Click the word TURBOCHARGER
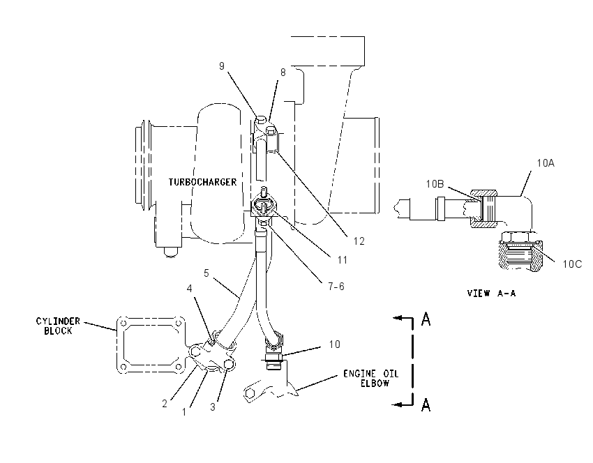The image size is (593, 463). tap(202, 182)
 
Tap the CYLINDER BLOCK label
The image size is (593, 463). tap(58, 326)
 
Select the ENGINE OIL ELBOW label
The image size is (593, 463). tap(371, 379)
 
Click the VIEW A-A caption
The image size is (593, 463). tap(491, 294)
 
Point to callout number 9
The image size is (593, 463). tap(222, 66)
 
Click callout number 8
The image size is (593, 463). tap(283, 73)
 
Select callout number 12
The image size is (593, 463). tap(359, 241)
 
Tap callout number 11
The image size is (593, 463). tap(343, 260)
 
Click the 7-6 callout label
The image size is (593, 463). tap(336, 287)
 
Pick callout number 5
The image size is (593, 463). tap(206, 273)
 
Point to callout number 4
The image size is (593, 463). tap(190, 289)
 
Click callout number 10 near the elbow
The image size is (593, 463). tap(334, 344)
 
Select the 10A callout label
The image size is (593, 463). tap(546, 163)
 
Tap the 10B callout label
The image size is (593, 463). tap(435, 184)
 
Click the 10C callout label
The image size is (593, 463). tap(572, 264)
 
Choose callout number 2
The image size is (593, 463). tap(165, 404)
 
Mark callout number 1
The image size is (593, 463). tap(184, 412)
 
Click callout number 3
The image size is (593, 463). tap(213, 407)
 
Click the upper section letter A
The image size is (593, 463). tap(426, 319)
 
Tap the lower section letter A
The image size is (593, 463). tap(426, 405)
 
